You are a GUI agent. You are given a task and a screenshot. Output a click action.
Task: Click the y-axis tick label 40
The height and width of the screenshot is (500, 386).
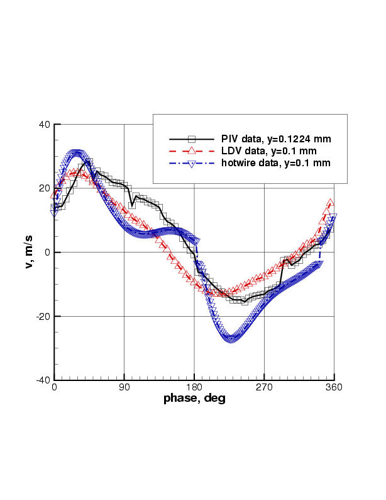pos(45,124)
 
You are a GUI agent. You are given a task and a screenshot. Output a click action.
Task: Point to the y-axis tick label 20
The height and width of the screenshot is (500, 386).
pos(45,188)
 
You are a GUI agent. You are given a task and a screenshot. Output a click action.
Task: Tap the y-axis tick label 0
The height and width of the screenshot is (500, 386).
pos(48,253)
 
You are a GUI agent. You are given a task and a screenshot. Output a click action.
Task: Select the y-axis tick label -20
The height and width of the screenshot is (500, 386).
pos(43,317)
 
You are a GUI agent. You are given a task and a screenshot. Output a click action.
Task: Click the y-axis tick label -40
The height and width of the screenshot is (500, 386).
pos(43,380)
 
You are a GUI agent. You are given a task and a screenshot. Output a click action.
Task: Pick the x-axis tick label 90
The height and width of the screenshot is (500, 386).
pos(124,389)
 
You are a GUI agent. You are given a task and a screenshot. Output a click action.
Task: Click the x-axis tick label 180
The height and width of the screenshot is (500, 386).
pos(194,389)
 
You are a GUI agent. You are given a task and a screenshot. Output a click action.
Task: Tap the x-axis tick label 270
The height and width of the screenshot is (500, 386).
pos(264,389)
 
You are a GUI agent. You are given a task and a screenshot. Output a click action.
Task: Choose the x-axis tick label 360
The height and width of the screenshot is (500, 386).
pos(334,389)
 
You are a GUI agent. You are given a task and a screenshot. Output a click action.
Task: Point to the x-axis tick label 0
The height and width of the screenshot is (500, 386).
pos(55,389)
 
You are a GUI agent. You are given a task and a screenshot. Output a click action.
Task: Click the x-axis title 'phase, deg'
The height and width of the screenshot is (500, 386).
pos(194,399)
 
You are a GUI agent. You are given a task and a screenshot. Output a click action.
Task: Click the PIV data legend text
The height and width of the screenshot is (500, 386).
pos(276,139)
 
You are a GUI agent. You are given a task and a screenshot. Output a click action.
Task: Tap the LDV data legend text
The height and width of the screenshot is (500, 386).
pos(268,151)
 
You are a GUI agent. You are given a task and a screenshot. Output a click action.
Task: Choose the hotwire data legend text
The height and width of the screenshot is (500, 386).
pos(275,163)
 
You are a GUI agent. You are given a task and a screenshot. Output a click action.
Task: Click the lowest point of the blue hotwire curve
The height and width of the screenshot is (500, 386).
pos(231,339)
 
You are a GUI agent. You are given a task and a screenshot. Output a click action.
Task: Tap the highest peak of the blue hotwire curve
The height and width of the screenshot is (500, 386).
pos(76,152)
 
